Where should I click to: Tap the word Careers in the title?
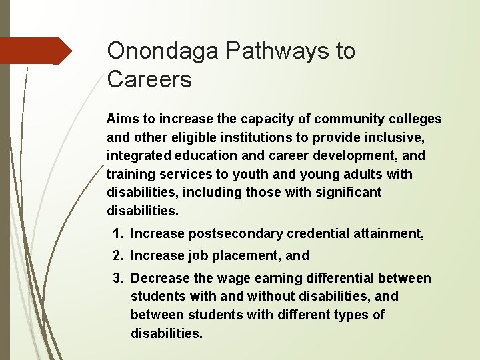[149, 81]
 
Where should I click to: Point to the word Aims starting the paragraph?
[121, 119]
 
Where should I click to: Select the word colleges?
[415, 119]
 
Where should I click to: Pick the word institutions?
[249, 137]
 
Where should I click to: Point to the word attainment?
[388, 233]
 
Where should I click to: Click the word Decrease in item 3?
[159, 278]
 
